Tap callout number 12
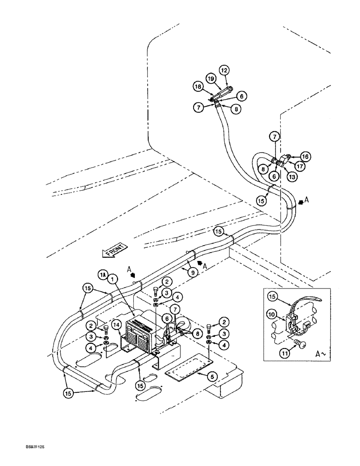(x=225, y=70)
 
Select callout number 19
(x=211, y=79)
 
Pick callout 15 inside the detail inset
(x=272, y=296)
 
